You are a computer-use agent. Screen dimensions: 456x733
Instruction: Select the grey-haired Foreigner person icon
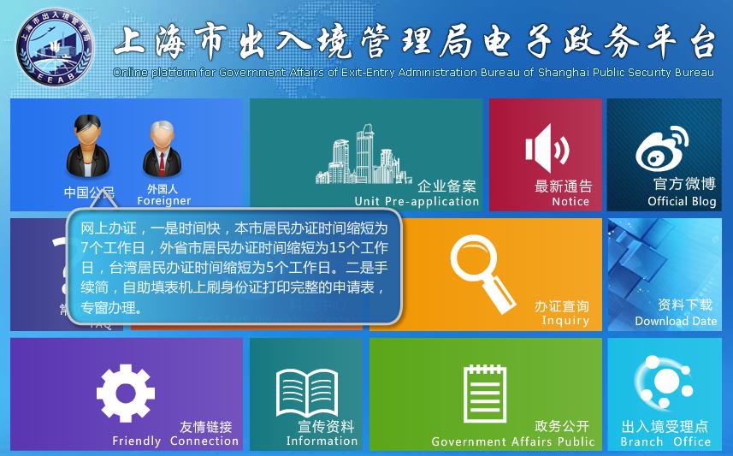tap(160, 149)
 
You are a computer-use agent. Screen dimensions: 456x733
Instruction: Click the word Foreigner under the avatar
tap(163, 201)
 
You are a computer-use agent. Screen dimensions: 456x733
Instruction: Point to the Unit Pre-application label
tap(417, 202)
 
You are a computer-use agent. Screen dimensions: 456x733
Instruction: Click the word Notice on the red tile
tap(570, 202)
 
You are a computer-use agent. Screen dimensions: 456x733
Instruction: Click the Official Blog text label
tap(682, 202)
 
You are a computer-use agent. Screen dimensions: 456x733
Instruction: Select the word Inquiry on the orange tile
tap(565, 321)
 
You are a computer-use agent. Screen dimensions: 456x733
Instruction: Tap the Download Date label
tap(676, 322)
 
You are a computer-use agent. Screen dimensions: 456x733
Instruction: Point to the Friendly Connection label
tap(175, 441)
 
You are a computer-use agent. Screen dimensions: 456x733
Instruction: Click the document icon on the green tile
tap(485, 392)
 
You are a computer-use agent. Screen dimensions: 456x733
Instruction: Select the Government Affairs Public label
tap(512, 442)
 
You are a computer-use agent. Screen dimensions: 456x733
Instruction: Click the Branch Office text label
tap(665, 442)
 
